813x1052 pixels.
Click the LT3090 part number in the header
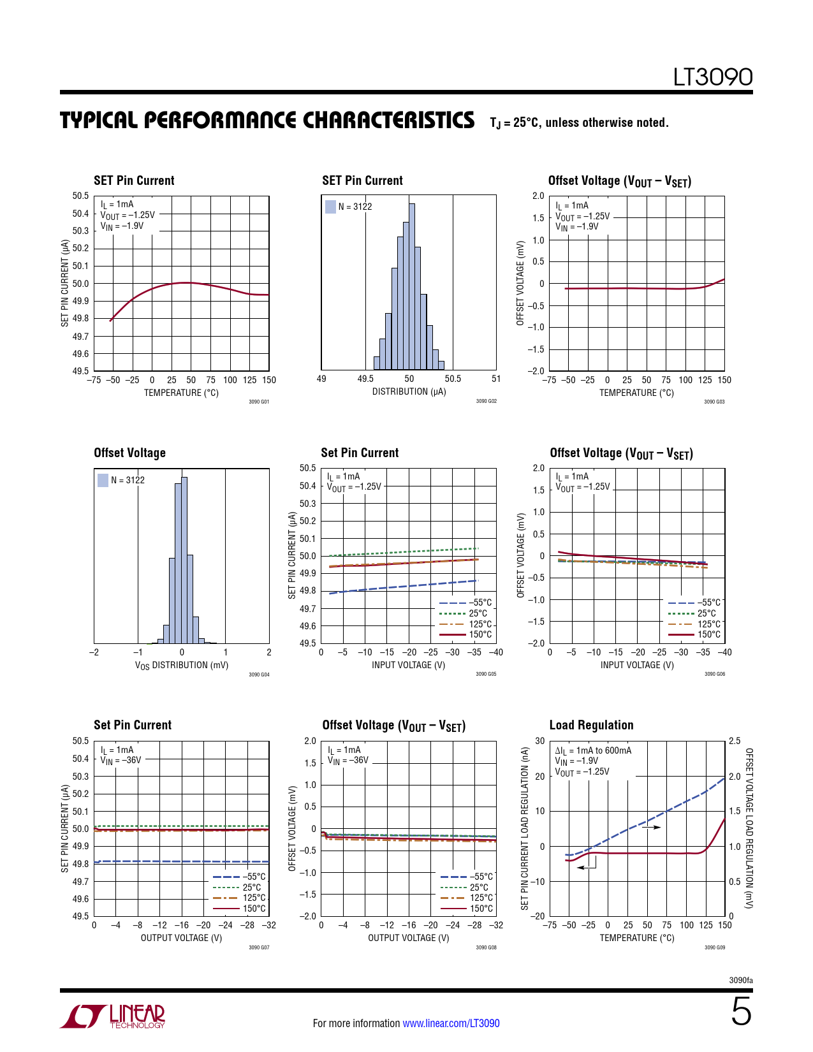pos(712,77)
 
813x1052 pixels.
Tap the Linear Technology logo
pos(113,1016)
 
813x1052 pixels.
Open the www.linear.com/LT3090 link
pos(451,1023)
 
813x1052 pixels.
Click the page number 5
pos(741,1012)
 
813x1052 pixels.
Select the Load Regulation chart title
pos(591,725)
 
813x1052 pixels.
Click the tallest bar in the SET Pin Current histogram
pos(412,286)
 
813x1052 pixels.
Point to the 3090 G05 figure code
pos(486,674)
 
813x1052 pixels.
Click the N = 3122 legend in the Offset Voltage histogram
pos(121,480)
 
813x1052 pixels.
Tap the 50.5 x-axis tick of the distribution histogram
pos(453,379)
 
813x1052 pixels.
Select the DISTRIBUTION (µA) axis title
pos(409,391)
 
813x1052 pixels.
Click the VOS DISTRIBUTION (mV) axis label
pos(181,665)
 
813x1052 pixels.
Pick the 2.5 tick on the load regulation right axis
pos(735,741)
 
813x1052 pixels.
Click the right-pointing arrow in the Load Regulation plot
pos(651,827)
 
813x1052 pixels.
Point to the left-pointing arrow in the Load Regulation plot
pos(587,868)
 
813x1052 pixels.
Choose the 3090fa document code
pos(740,980)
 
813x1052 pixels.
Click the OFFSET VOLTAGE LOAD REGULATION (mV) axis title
pos(749,828)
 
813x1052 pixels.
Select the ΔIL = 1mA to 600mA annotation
pos(593,750)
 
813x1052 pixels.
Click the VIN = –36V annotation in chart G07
pos(121,760)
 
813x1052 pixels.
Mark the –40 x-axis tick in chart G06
pos(724,652)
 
